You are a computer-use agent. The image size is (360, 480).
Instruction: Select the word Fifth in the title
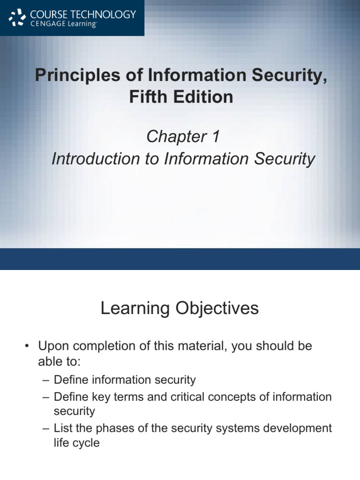[146, 97]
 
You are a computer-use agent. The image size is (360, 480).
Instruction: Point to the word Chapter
[173, 137]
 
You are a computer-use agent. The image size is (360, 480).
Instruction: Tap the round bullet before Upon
[27, 347]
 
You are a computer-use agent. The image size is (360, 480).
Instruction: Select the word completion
[99, 347]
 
